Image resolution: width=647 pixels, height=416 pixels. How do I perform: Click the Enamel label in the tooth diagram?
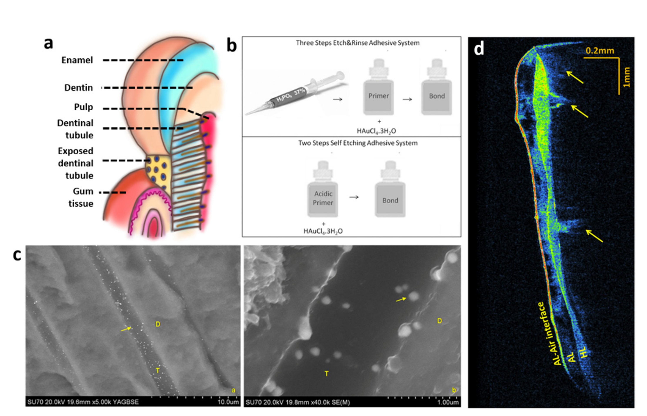(77, 60)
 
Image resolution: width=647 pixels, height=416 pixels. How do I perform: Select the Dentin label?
(78, 88)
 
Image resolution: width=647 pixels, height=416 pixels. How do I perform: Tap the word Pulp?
(83, 107)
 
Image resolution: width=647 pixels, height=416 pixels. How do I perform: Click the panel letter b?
(232, 46)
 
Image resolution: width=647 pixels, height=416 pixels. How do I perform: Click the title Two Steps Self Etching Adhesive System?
(358, 143)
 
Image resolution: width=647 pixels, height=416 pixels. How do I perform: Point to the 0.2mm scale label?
(600, 51)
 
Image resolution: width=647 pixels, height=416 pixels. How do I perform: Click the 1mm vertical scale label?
(626, 77)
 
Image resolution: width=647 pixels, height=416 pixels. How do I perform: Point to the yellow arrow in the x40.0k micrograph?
(401, 299)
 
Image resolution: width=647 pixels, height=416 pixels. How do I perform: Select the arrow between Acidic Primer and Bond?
(354, 197)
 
